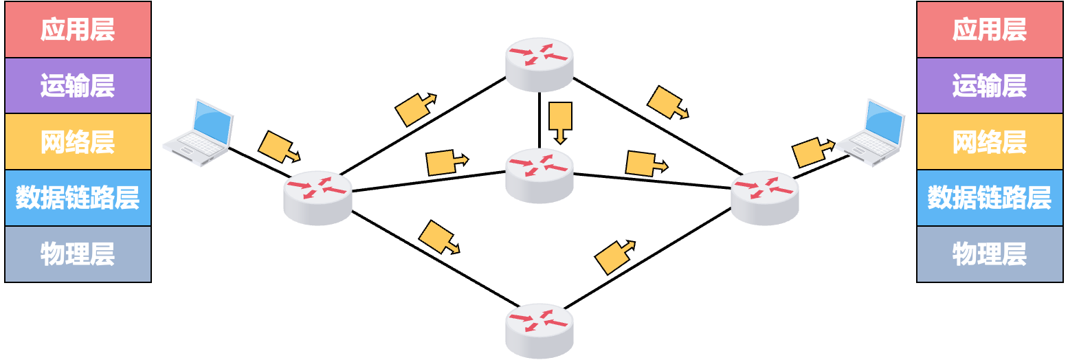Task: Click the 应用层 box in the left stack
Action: [78, 30]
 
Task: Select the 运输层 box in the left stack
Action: [78, 86]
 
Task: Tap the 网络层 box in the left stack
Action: [78, 142]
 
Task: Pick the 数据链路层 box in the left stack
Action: [78, 198]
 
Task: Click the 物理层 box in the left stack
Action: [78, 254]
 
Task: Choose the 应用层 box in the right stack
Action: [990, 30]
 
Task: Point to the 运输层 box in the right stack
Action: [990, 86]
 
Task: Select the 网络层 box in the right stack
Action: [990, 142]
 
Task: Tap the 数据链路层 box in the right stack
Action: [990, 198]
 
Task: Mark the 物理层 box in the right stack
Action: [990, 254]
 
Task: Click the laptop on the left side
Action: [198, 133]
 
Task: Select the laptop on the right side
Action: [871, 133]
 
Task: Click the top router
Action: [539, 64]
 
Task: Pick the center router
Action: [539, 175]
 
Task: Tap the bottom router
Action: [539, 330]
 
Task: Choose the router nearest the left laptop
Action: [318, 197]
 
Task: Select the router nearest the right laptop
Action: [764, 197]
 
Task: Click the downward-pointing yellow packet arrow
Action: [560, 122]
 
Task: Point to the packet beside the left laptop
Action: [278, 146]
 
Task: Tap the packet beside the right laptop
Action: [812, 150]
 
